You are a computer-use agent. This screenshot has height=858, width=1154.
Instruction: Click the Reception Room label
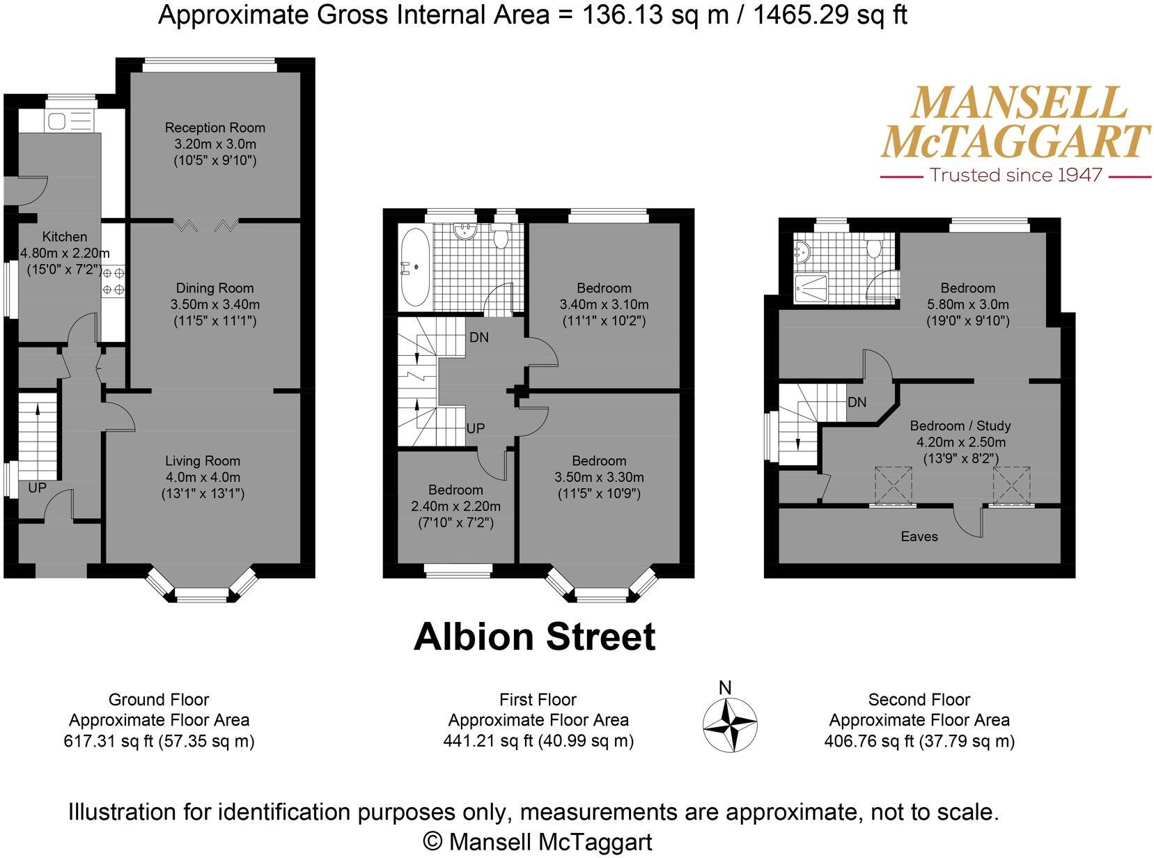coord(215,127)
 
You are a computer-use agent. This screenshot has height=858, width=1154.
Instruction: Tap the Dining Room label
coord(215,288)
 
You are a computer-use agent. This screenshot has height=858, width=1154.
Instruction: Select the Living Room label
coord(203,460)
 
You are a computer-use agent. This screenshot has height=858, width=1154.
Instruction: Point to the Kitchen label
coord(65,237)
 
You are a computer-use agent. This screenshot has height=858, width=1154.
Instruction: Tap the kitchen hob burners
coord(114,281)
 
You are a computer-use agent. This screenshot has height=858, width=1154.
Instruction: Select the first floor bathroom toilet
coord(499,237)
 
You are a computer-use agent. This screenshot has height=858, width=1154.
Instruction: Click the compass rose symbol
coord(729,725)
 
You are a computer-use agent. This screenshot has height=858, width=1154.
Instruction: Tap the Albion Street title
coord(535,637)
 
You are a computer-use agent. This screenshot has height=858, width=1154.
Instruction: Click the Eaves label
coord(919,536)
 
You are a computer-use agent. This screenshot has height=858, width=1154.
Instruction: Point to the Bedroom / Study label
coord(960,426)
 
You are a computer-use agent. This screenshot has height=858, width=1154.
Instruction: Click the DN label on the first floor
coord(479,337)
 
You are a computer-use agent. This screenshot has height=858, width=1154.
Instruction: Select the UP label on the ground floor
coord(37,487)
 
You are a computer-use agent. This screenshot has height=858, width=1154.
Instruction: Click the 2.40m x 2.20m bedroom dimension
coord(455,506)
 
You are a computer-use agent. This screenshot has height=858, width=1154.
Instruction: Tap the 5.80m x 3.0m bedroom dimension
coord(968,304)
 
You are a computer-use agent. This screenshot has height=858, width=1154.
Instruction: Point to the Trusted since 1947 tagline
coord(1016,175)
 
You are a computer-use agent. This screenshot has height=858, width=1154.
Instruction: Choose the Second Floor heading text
coord(919,699)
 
